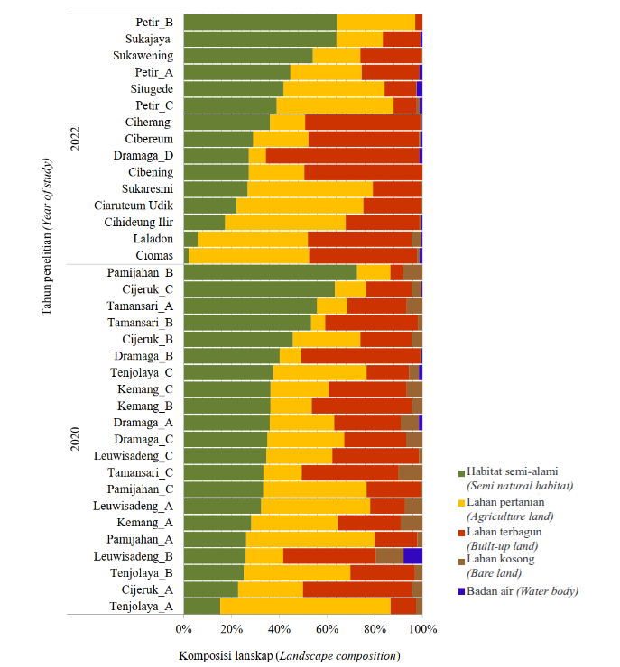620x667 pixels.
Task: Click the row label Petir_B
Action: point(154,23)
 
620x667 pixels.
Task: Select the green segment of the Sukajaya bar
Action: point(260,39)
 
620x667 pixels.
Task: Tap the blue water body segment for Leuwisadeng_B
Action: point(412,555)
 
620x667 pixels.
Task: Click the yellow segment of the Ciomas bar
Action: point(249,255)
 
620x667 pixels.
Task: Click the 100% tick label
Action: point(422,628)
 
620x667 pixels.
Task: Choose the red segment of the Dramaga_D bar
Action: point(343,155)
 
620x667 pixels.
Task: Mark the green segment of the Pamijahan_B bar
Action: point(271,272)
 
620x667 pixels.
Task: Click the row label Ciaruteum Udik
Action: point(134,205)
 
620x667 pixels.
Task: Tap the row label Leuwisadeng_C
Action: point(134,455)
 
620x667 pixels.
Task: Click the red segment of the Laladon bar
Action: point(359,239)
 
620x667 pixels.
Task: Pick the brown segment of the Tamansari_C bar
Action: point(410,472)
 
